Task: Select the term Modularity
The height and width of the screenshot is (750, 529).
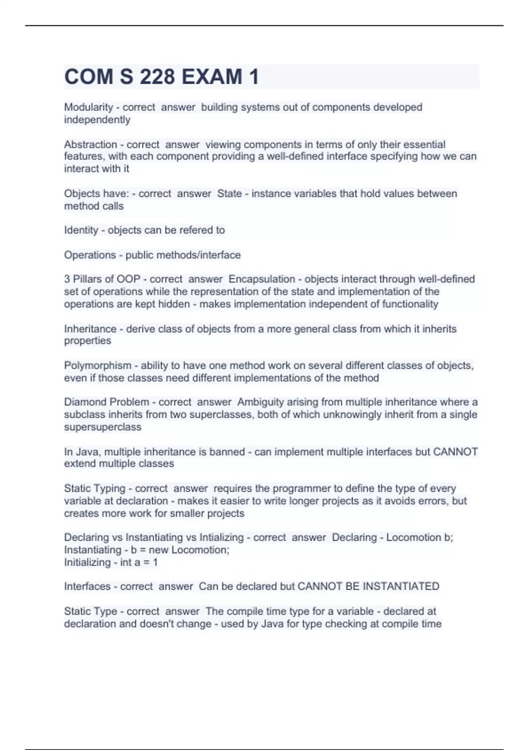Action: (89, 107)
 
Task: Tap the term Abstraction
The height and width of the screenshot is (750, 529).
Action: (90, 144)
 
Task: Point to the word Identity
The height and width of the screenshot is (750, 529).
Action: (81, 230)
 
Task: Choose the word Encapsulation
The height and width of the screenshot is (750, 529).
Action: (262, 279)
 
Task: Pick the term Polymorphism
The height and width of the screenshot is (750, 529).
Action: (97, 366)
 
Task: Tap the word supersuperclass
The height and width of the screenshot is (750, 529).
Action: (103, 427)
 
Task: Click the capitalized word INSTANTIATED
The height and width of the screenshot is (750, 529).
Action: (401, 586)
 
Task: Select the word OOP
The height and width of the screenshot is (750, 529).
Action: (128, 279)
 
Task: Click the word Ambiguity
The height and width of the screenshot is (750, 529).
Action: (261, 402)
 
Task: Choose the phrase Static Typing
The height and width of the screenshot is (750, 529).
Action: (95, 488)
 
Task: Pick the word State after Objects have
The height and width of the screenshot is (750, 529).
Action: (229, 194)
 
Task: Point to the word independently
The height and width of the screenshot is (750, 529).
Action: (97, 120)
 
